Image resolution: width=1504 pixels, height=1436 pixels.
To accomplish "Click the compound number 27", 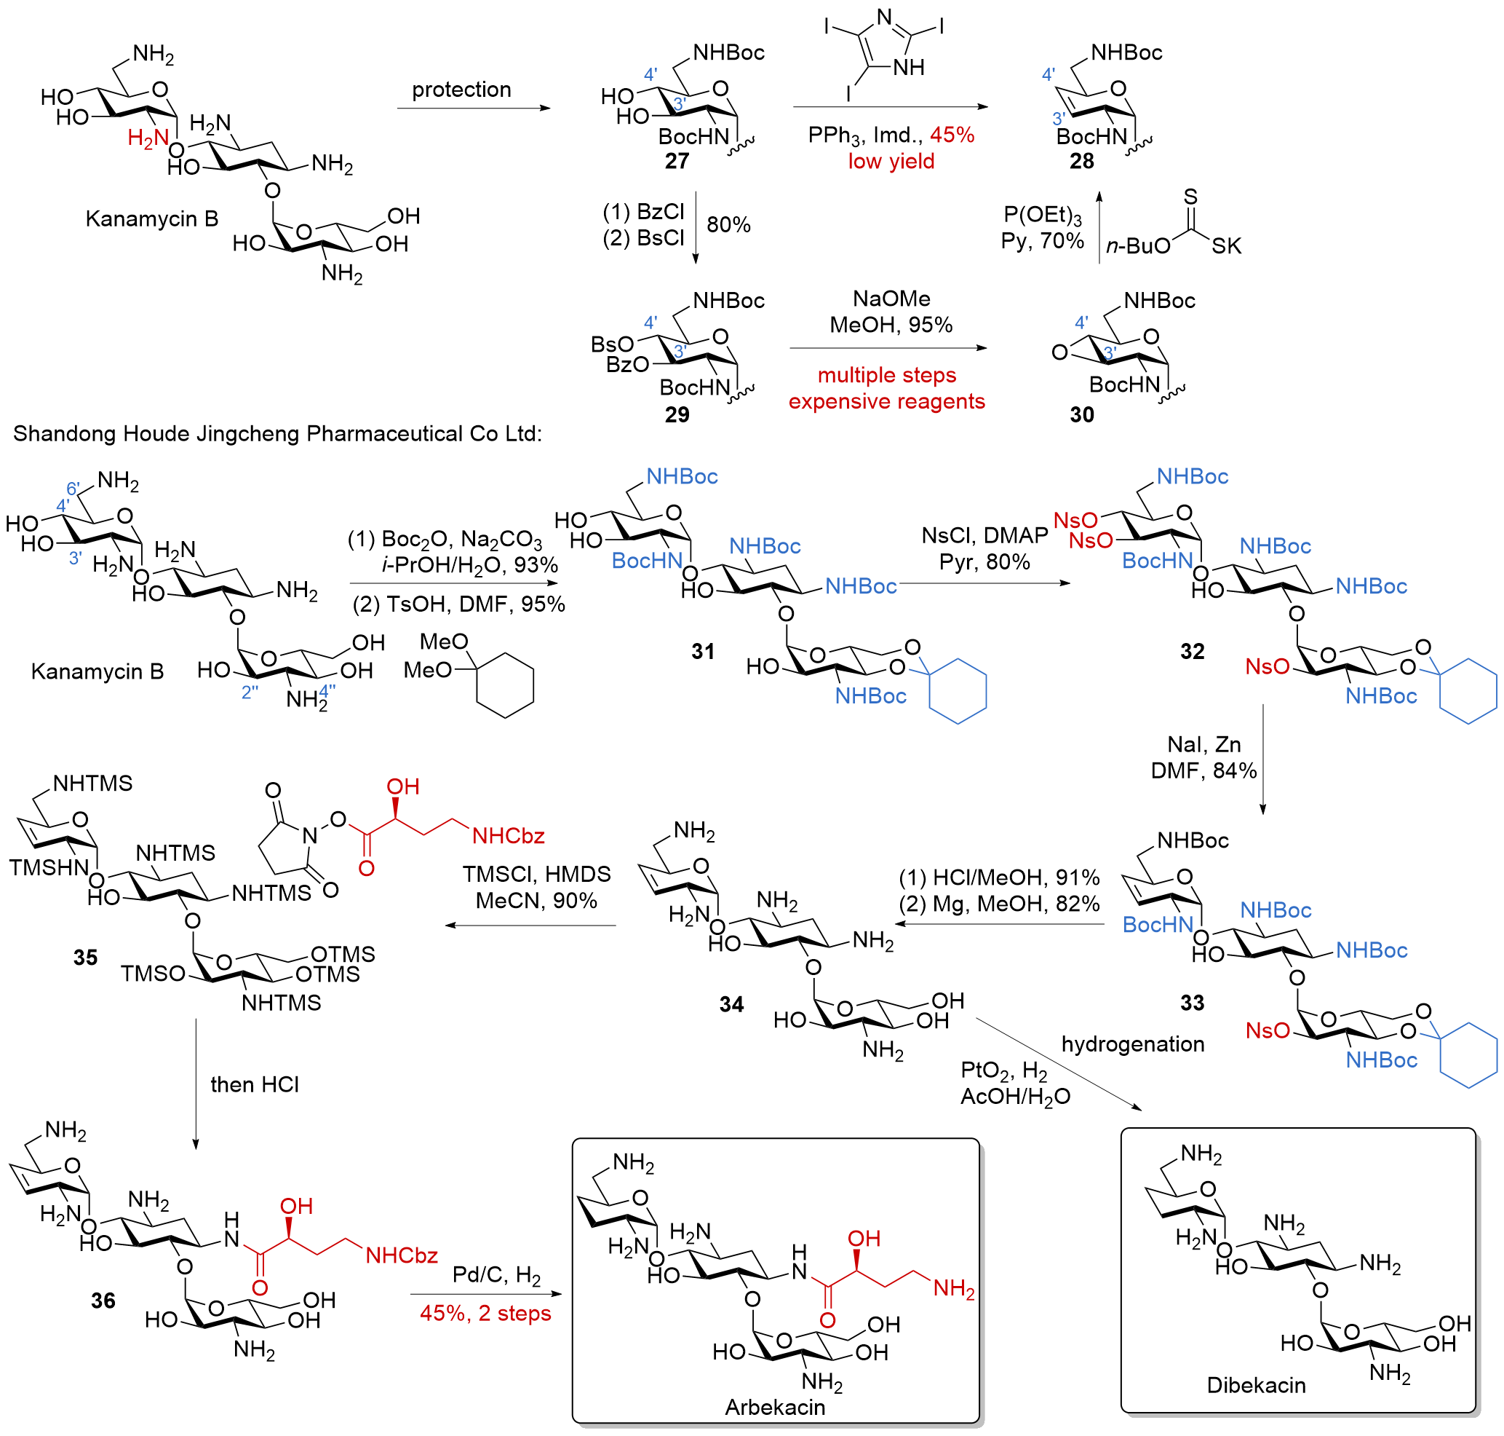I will click(x=676, y=162).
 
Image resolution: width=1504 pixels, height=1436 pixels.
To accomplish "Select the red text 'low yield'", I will click(x=891, y=162).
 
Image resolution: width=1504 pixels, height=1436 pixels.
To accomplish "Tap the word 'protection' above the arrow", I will click(x=461, y=90).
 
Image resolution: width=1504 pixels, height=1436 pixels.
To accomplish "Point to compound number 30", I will click(x=1081, y=415).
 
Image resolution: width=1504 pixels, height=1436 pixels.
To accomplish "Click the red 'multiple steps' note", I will click(x=887, y=375).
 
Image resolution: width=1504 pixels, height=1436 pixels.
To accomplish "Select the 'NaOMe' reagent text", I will click(x=891, y=299).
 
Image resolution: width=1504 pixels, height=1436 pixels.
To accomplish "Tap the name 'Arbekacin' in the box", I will click(x=775, y=1408).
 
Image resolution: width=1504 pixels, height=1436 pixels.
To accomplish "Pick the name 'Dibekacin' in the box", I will click(x=1255, y=1386).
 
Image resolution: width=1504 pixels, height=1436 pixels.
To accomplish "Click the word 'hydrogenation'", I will click(x=1132, y=1044).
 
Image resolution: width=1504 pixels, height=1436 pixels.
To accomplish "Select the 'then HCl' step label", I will click(x=255, y=1085).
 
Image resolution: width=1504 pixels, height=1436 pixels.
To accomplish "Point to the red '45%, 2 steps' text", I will click(x=485, y=1314).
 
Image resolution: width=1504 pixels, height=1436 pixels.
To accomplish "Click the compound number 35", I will click(x=86, y=958).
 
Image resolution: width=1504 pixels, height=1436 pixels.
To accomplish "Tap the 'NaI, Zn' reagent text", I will click(x=1203, y=744).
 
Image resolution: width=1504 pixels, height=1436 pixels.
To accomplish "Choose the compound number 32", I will click(x=1192, y=652).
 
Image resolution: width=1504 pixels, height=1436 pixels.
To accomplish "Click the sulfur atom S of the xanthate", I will click(x=1190, y=197).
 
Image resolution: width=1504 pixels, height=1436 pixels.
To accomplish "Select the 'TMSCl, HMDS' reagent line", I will click(x=536, y=874).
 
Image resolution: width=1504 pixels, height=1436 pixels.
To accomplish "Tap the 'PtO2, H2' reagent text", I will click(x=1003, y=1070).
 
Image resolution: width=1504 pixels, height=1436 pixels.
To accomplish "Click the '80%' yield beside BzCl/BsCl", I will click(x=728, y=225).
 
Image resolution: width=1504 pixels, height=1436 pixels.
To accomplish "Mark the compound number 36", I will click(x=103, y=1301).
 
